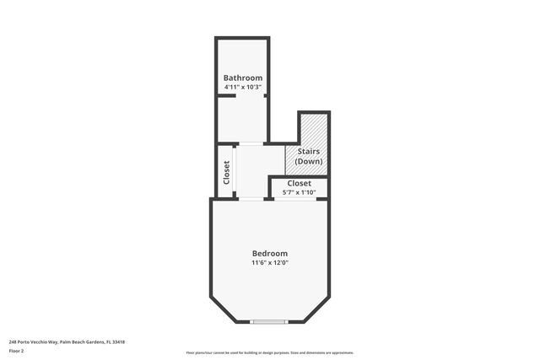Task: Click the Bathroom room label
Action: click(242, 78)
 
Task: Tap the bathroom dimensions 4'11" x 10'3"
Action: click(242, 87)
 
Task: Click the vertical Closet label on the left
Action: click(226, 172)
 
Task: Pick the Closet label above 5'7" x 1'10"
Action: click(299, 183)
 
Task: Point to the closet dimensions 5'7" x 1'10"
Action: click(299, 192)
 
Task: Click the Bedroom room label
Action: click(270, 253)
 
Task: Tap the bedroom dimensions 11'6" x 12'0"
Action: click(270, 263)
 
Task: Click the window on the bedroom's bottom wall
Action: click(269, 321)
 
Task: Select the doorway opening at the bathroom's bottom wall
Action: click(251, 142)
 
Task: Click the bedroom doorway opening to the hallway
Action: click(251, 198)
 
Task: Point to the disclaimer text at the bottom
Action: click(269, 352)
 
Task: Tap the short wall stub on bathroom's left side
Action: click(224, 96)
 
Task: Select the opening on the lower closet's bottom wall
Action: click(299, 198)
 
